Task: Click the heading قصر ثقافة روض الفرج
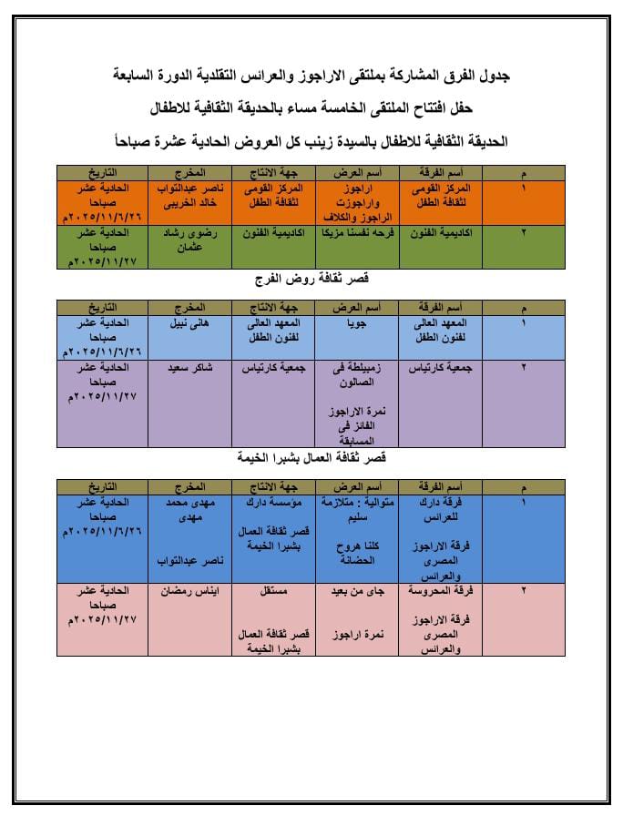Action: coord(313,278)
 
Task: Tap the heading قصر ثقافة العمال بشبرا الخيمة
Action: coord(313,456)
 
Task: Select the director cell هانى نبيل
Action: coord(189,322)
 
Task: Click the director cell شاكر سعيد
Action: coord(189,367)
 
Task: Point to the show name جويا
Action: coord(352,322)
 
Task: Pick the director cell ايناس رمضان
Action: coord(189,590)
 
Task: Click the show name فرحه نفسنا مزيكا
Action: coord(352,233)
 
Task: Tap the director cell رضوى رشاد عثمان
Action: coord(189,240)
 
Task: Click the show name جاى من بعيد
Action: coord(352,590)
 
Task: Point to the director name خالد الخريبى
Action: coord(189,205)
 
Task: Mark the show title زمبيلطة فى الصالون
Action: coord(352,374)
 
